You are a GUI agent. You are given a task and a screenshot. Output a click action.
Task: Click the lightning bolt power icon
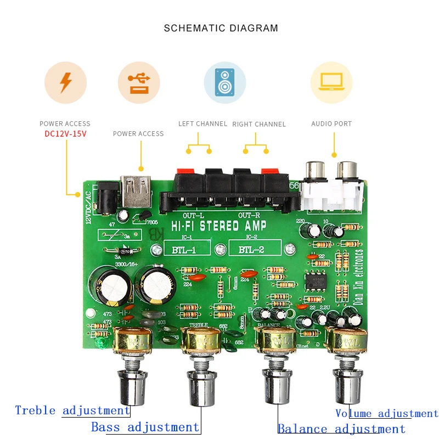coord(65,82)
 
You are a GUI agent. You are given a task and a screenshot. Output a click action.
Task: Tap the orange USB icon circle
coord(139,82)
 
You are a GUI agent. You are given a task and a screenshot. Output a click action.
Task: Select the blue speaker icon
coord(224,82)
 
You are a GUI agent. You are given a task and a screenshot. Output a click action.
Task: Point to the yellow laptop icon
coord(331,82)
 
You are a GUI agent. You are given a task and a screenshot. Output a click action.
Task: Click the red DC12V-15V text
coord(65,133)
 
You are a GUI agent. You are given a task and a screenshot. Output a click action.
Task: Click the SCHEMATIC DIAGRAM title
coord(221,28)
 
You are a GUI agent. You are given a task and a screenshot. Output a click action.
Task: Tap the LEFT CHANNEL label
coord(202,123)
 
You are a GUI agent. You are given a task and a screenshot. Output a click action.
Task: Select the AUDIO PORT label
coord(331,124)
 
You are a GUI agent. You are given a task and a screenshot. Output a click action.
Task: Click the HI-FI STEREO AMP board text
coord(219,226)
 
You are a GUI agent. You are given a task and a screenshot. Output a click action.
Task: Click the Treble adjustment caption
coord(72,410)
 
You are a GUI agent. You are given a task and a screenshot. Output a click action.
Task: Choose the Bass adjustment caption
coord(145,427)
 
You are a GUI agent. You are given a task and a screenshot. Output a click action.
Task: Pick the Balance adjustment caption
coord(341,429)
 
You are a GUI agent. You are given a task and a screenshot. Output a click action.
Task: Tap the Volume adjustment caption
coord(386,414)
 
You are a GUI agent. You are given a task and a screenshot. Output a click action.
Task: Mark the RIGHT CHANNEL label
coord(259,124)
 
